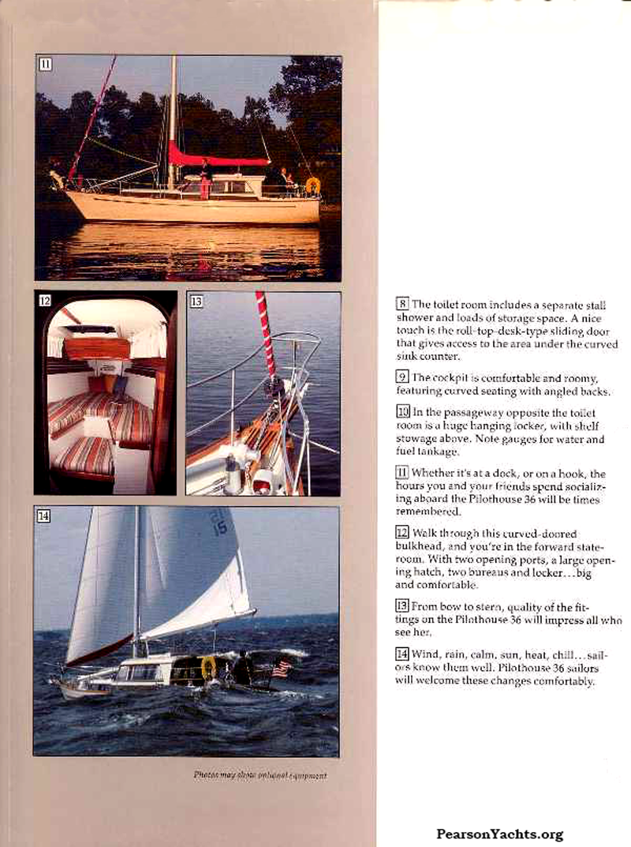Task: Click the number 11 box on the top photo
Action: pos(46,65)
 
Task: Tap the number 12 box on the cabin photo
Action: pos(45,301)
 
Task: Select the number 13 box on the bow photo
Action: pos(196,301)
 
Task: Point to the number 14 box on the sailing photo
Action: pos(44,516)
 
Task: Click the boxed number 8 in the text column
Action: pos(402,304)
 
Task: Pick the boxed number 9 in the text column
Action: pos(402,377)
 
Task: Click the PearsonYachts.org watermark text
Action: pos(499,834)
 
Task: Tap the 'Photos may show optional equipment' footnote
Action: pos(259,775)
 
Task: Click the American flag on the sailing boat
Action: pos(282,669)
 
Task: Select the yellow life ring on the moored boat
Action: pos(313,186)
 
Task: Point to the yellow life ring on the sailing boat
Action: pos(208,667)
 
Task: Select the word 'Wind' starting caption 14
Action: pos(426,654)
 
